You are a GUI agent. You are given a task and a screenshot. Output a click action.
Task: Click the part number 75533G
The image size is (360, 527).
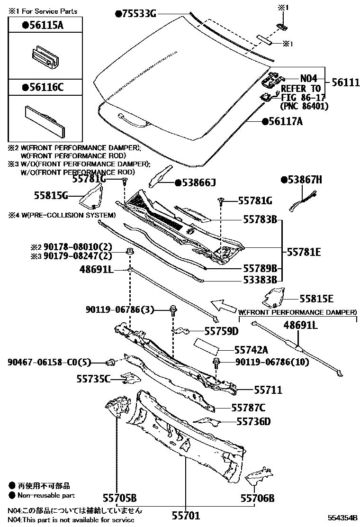point(139,14)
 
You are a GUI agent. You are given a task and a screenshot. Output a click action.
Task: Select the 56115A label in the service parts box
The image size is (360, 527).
point(42,25)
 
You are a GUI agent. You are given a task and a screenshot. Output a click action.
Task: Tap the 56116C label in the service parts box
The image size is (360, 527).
point(42,87)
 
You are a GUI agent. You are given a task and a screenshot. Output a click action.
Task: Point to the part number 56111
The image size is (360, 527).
point(345,82)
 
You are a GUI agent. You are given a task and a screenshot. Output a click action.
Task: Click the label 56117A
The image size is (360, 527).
point(286,122)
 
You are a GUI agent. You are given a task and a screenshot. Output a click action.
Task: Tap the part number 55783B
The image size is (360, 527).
point(260,220)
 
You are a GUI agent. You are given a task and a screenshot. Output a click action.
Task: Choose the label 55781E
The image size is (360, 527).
point(304,252)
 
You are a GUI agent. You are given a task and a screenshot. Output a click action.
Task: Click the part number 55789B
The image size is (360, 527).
point(260,267)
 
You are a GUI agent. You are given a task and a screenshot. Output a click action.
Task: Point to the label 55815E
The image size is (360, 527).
point(316,299)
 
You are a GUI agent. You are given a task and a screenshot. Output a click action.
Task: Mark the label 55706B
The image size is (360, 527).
point(257,498)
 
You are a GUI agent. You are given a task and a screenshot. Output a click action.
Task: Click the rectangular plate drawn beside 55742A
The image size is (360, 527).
point(207,346)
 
